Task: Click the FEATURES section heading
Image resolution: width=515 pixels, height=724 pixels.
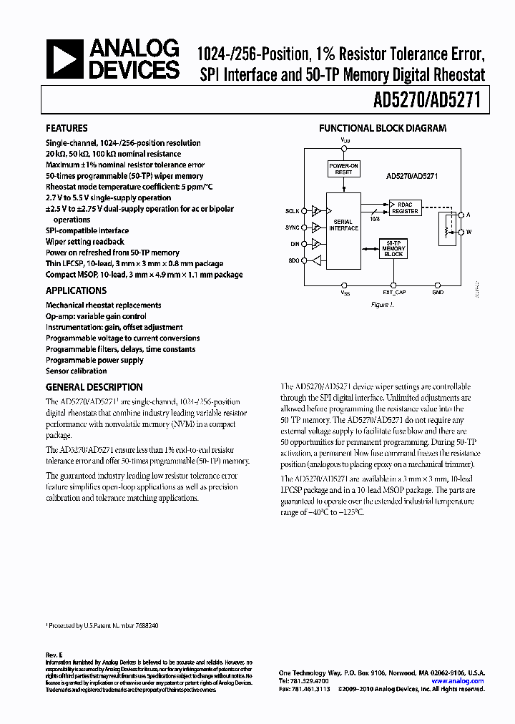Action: click(67, 129)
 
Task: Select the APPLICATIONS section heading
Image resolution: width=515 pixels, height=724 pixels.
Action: click(76, 290)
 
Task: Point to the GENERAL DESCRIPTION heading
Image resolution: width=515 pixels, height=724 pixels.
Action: click(94, 387)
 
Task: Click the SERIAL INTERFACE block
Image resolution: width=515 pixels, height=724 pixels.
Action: click(343, 224)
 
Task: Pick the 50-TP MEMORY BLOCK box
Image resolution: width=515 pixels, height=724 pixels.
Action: click(393, 248)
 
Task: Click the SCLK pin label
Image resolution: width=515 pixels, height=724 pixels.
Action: click(293, 211)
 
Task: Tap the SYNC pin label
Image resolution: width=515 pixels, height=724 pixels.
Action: click(293, 228)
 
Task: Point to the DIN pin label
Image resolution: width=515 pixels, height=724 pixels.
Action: click(294, 245)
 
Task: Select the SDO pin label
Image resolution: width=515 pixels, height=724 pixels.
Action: click(293, 261)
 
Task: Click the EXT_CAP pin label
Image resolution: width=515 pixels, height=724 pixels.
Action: click(393, 293)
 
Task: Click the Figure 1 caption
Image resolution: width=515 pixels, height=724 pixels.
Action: click(383, 304)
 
